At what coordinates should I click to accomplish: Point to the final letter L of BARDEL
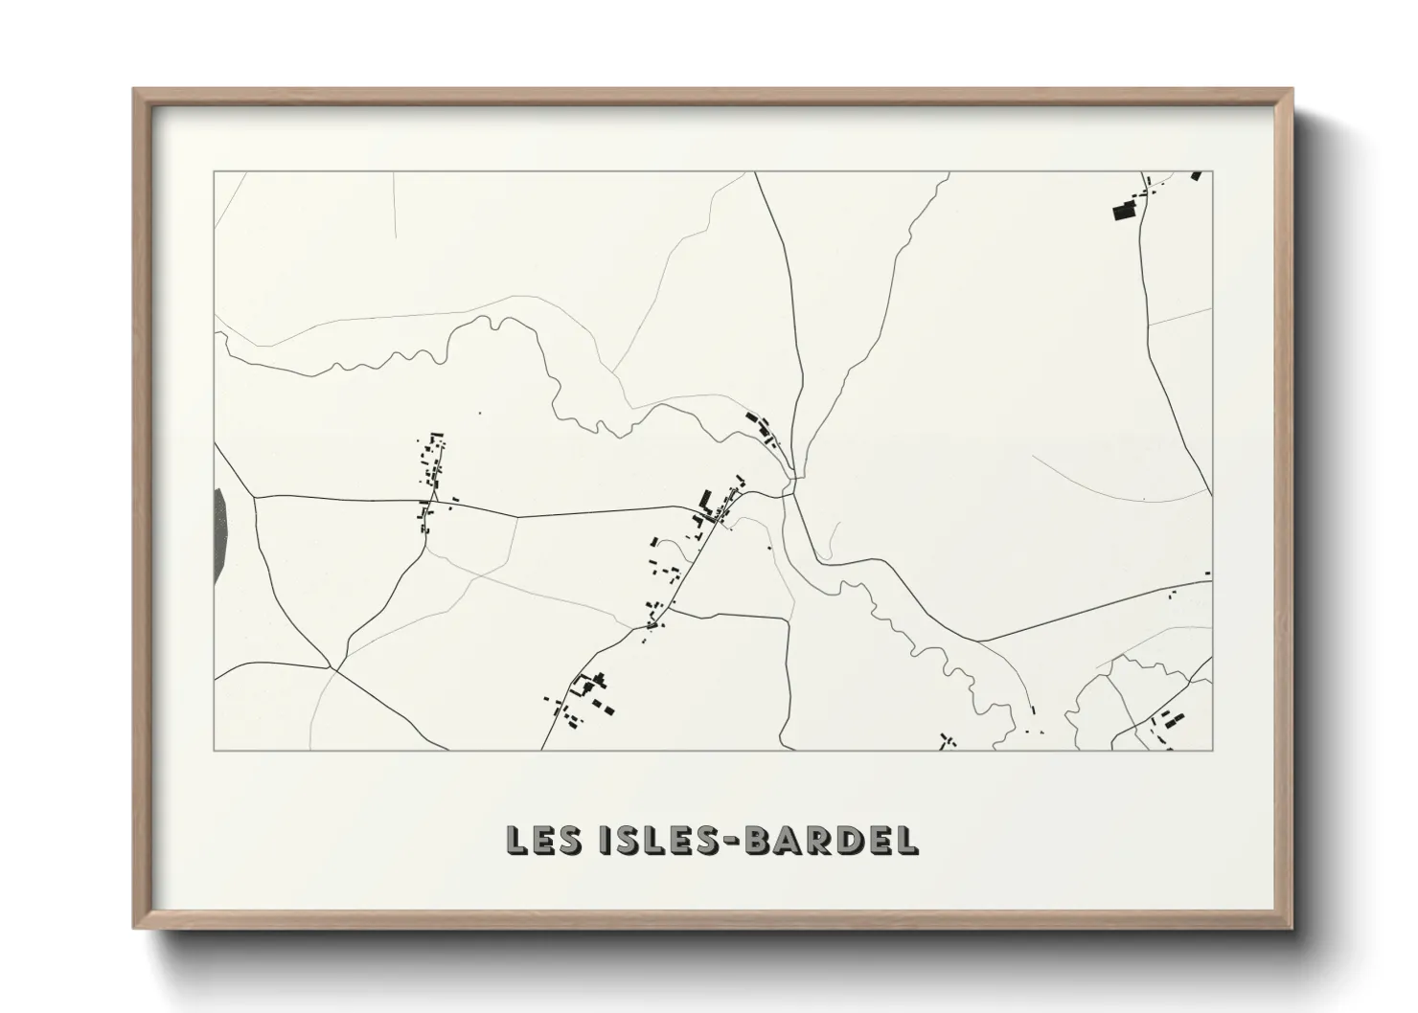point(905,840)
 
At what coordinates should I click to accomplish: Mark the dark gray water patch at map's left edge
point(219,535)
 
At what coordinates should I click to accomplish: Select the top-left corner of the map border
point(214,172)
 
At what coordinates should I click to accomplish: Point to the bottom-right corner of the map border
point(1213,750)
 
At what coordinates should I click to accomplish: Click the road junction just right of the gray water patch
point(255,496)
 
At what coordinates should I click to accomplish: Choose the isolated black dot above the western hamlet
point(478,414)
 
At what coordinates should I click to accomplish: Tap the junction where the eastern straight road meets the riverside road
point(977,641)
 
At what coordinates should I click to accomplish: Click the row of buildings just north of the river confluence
point(763,427)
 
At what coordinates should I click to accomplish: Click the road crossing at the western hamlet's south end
point(431,499)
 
